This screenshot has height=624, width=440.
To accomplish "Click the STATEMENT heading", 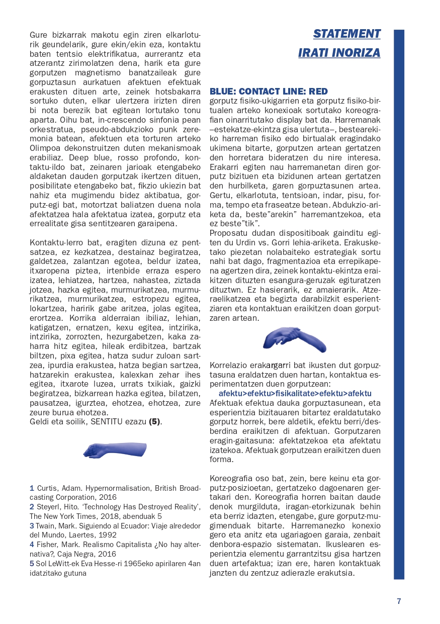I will [346, 34].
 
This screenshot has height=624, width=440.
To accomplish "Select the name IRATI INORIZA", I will [339, 53].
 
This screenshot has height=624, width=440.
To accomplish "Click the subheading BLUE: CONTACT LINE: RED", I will [269, 92].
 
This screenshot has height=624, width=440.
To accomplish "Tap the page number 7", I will [399, 601].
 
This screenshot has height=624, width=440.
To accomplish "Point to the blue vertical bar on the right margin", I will [399, 302].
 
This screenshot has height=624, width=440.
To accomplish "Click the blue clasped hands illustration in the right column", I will [295, 340].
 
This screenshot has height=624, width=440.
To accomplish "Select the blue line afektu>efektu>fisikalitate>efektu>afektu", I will [295, 393].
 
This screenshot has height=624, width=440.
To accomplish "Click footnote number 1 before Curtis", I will [32, 488].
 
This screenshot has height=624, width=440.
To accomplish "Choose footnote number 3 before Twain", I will [32, 525].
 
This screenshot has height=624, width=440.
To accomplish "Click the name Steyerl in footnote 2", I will [50, 507].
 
